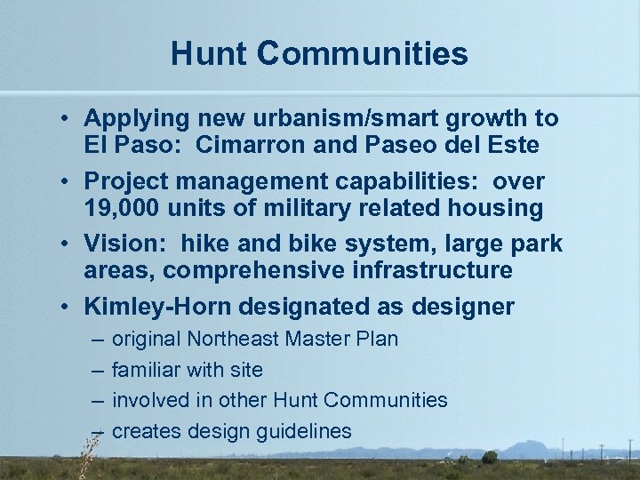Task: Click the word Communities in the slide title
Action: tap(365, 53)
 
